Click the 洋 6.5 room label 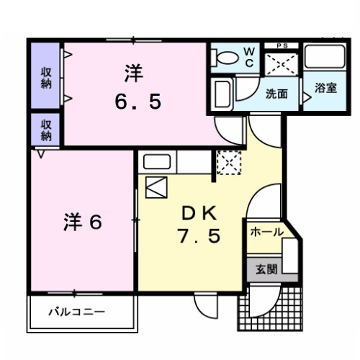pos(135,86)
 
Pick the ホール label pos(266,233)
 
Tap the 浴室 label pos(325,89)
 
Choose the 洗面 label pos(276,93)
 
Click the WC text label pos(248,56)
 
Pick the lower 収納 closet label pos(45,130)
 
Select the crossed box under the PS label pos(282,66)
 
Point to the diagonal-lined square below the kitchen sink pos(156,187)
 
